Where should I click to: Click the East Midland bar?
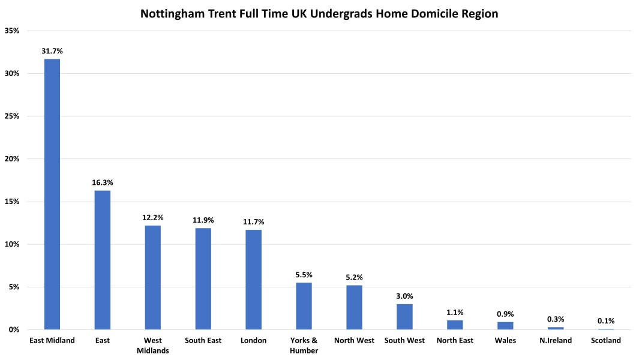pyautogui.click(x=52, y=194)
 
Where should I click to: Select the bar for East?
pyautogui.click(x=102, y=260)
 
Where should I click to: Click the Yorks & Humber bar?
pyautogui.click(x=304, y=306)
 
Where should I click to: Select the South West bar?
pyautogui.click(x=404, y=317)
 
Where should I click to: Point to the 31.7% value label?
pyautogui.click(x=52, y=51)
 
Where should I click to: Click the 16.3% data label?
pyautogui.click(x=102, y=182)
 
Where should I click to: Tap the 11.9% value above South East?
pyautogui.click(x=203, y=220)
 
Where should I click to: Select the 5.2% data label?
pyautogui.click(x=354, y=277)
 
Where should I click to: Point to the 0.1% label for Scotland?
pyautogui.click(x=606, y=321)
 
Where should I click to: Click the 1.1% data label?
pyautogui.click(x=455, y=313)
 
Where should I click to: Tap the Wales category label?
pyautogui.click(x=505, y=341)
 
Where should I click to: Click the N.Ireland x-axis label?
pyautogui.click(x=556, y=341)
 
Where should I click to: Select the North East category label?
pyautogui.click(x=455, y=341)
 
